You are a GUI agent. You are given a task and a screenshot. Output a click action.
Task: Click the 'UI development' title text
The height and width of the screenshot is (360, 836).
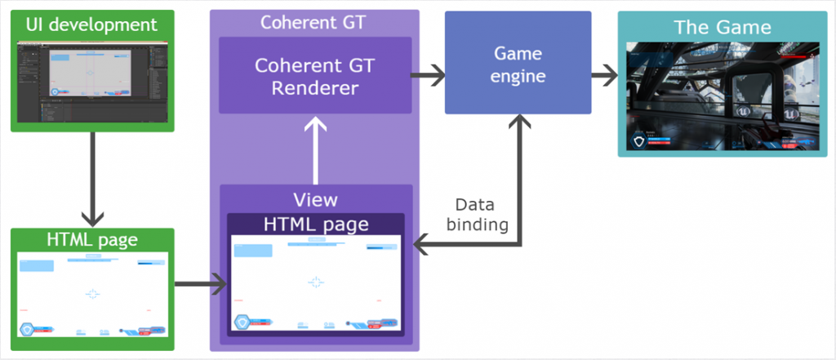(91, 24)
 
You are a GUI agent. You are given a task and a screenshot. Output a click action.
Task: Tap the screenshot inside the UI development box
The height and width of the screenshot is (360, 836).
(92, 82)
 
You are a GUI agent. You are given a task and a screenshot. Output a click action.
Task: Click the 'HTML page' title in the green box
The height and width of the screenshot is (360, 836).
(92, 240)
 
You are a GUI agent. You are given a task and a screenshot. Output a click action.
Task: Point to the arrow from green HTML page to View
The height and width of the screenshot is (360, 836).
(200, 284)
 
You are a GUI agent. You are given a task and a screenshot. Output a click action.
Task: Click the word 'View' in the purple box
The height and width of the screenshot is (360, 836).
(315, 199)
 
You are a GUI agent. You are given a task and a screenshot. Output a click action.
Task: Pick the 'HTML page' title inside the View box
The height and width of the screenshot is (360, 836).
(315, 224)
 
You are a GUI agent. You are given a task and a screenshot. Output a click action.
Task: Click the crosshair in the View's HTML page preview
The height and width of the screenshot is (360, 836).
(316, 282)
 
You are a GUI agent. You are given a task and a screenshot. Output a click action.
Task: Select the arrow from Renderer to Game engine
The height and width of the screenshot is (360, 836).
(426, 76)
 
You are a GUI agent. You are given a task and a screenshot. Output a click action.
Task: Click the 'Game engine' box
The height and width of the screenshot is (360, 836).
(518, 64)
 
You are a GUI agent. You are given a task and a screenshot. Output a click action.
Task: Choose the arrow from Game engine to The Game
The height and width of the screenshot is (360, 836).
(604, 76)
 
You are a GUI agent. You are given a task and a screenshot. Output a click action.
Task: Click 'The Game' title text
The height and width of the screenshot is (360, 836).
(722, 27)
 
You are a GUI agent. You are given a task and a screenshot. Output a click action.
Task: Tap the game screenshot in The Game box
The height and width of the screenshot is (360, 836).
(722, 96)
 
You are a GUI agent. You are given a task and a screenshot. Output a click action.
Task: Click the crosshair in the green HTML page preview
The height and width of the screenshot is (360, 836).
(92, 293)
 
